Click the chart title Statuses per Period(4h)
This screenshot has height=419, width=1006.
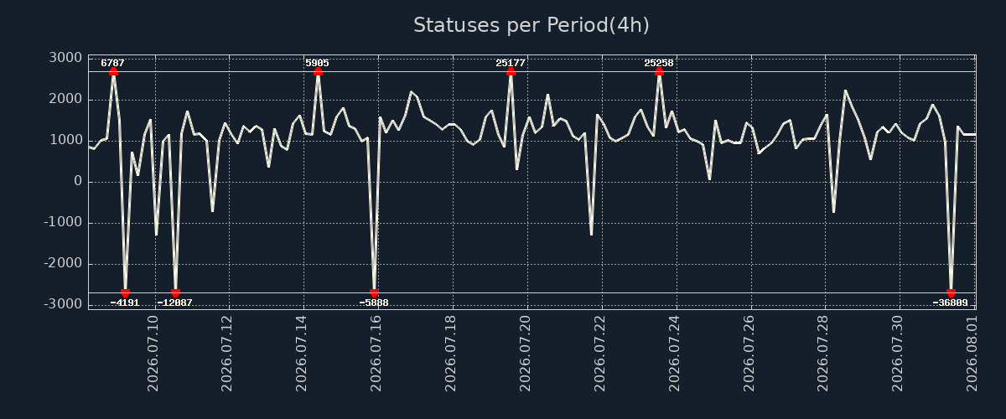coord(532,25)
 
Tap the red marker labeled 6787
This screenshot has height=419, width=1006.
coord(113,71)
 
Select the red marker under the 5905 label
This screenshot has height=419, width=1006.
coord(318,71)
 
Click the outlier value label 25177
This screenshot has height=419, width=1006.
coord(511,63)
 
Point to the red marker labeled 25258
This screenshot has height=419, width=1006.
coord(659,71)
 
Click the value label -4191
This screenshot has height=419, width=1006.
coord(124,303)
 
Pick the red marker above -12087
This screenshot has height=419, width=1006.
coord(175,292)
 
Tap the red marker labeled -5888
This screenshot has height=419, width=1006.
coord(374,292)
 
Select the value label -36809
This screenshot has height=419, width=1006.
coord(951,303)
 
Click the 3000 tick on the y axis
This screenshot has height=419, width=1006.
coord(65,58)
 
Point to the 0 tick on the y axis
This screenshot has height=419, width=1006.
coord(78,182)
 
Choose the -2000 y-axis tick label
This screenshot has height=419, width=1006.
coord(63,263)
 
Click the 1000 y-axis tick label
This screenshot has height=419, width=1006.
coord(65,140)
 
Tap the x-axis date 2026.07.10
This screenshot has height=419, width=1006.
coord(153,353)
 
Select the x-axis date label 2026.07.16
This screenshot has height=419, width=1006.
coord(376,353)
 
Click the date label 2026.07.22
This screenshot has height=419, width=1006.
coord(599,353)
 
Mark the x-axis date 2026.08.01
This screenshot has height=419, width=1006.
coord(972,353)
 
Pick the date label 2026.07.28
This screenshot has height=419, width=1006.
coord(822,353)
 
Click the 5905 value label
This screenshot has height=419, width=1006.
coord(317,63)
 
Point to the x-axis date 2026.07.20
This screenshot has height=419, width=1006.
coord(525,353)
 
